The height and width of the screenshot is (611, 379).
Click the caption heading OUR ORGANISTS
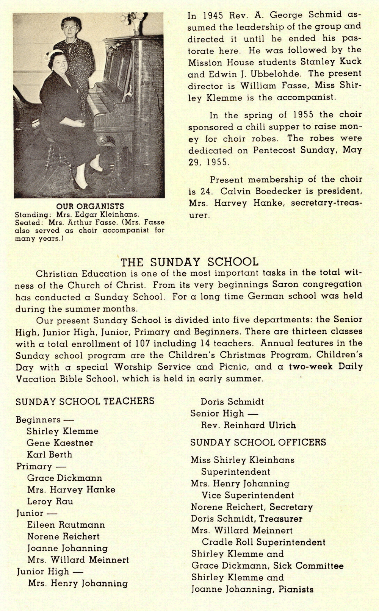coord(90,206)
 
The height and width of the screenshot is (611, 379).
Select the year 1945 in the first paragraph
coord(213,16)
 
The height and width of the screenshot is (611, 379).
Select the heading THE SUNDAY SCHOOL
coord(189,262)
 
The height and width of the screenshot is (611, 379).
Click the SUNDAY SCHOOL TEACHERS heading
coord(85,401)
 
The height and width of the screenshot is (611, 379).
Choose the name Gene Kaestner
coord(60,442)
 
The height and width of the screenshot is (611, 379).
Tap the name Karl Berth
coord(49,454)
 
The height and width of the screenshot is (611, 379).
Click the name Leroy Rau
coord(50,501)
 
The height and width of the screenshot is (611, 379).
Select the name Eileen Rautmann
coord(66,525)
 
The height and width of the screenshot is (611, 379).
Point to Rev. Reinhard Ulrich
coord(248,425)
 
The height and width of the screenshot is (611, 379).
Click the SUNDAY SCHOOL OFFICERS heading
coord(258,442)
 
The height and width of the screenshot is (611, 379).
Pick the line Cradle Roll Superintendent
coord(263,542)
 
